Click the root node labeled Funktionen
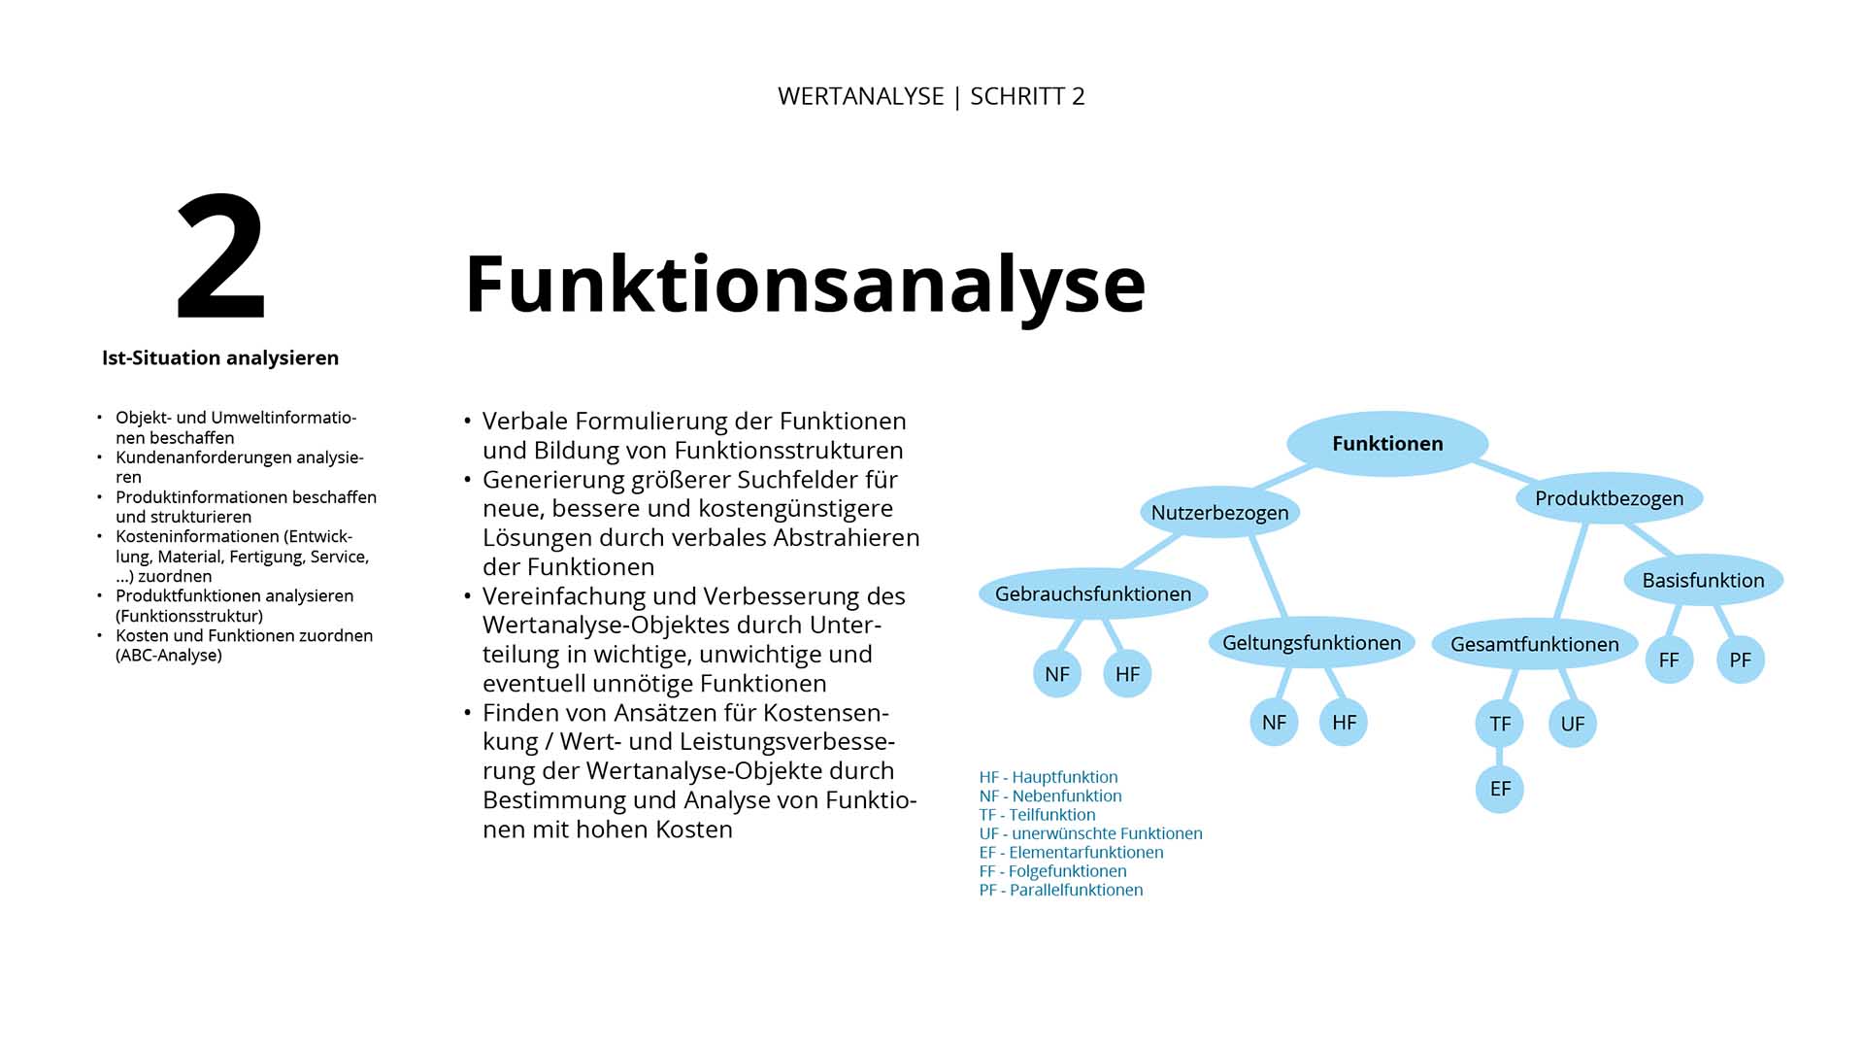1387,444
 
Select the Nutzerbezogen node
1219,512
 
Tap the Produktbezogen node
1609,498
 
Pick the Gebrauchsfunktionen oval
1093,593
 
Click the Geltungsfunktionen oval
1311,642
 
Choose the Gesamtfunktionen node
1534,644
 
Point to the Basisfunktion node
1703,580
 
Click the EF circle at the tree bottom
1500,789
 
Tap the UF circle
1573,724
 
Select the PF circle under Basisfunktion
1740,660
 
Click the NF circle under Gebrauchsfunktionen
1057,674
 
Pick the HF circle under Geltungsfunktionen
1344,723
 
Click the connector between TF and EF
1500,756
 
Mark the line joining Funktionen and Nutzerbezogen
1283,476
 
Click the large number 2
220,257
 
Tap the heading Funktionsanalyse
805,284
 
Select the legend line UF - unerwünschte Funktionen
1090,833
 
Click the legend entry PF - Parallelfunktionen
1061,890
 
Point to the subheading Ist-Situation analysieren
220,357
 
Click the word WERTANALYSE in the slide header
860,96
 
